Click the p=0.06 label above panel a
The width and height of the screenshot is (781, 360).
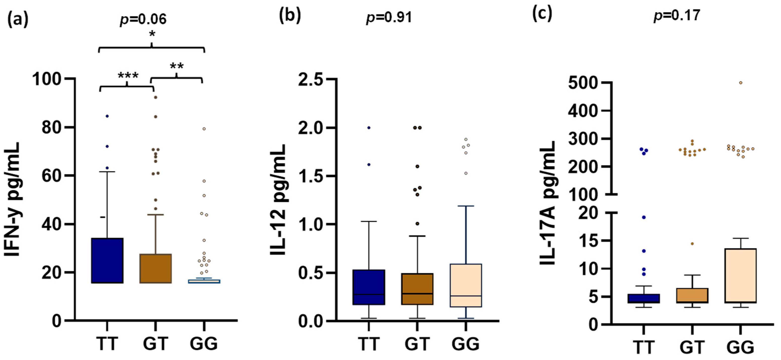pyautogui.click(x=143, y=19)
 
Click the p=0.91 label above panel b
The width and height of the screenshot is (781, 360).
pyautogui.click(x=389, y=18)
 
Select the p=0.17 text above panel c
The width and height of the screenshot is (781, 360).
pyautogui.click(x=677, y=15)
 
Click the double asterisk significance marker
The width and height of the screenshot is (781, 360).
pyautogui.click(x=177, y=66)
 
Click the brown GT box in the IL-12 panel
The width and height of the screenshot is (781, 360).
pyautogui.click(x=418, y=289)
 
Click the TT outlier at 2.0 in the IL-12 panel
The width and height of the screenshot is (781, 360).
pyautogui.click(x=369, y=128)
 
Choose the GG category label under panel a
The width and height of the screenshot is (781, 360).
pyautogui.click(x=204, y=344)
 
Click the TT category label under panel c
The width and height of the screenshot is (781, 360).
pyautogui.click(x=643, y=348)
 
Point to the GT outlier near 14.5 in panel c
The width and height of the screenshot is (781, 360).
pyautogui.click(x=692, y=244)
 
